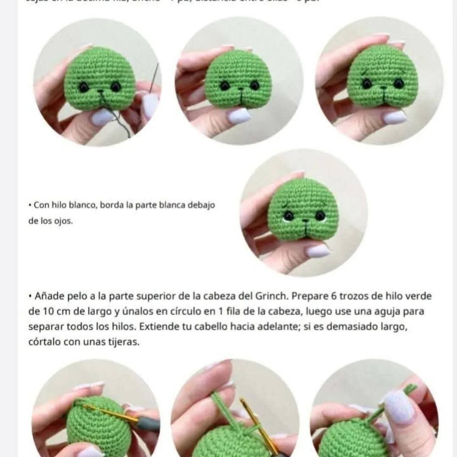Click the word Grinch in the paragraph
click(272, 296)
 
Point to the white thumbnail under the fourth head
click(318, 251)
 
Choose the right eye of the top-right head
click(397, 83)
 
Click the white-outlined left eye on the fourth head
click(289, 216)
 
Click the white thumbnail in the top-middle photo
click(239, 115)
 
